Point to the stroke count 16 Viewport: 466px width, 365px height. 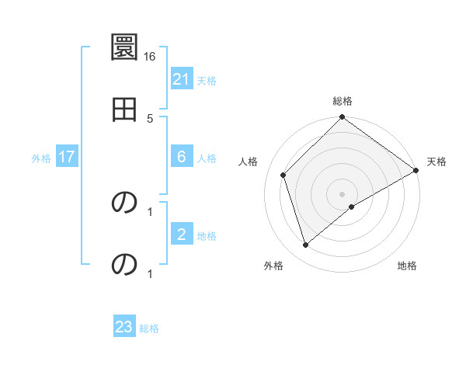[150, 57]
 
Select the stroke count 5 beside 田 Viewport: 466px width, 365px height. [150, 118]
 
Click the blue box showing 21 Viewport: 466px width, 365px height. [182, 78]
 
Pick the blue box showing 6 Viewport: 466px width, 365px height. [182, 157]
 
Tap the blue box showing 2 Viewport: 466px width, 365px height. [182, 235]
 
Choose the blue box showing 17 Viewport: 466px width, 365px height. [67, 157]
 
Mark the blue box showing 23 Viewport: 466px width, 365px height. [124, 327]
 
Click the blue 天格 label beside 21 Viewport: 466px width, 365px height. [207, 80]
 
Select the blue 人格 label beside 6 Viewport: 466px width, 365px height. [207, 158]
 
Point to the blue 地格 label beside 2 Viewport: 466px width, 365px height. [207, 236]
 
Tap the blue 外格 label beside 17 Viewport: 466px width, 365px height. [41, 158]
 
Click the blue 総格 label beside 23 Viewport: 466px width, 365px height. [149, 328]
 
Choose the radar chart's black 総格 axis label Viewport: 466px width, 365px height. [343, 101]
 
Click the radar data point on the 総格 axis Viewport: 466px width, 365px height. [343, 118]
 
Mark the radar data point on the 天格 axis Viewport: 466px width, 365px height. [416, 170]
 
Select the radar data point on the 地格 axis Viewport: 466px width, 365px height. [352, 207]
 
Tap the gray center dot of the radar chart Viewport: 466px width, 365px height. [343, 193]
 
